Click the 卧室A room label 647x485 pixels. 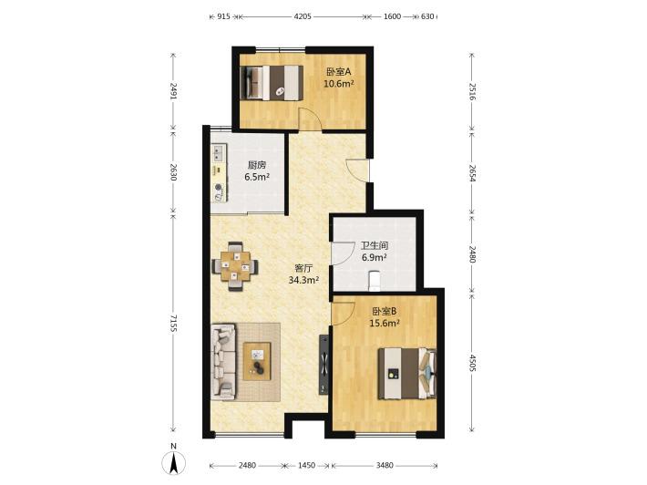point(338,72)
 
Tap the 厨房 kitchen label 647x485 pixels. point(257,165)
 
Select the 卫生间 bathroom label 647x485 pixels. point(375,246)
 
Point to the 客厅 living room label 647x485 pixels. point(303,268)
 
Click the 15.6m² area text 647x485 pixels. point(385,324)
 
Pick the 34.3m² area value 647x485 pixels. point(303,280)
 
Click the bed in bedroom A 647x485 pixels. point(272,83)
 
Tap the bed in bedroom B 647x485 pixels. point(407,374)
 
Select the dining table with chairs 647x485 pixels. point(235,266)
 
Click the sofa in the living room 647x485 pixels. point(223,362)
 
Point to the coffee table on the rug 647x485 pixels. point(257,361)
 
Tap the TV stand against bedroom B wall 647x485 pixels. point(323,364)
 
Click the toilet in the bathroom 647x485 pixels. point(374,279)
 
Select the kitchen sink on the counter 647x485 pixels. point(219,153)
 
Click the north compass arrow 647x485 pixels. point(174,463)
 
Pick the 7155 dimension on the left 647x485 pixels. point(173,323)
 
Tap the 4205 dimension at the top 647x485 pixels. point(303,16)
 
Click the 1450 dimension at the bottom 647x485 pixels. point(306,466)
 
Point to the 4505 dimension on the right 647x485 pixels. point(472,362)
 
